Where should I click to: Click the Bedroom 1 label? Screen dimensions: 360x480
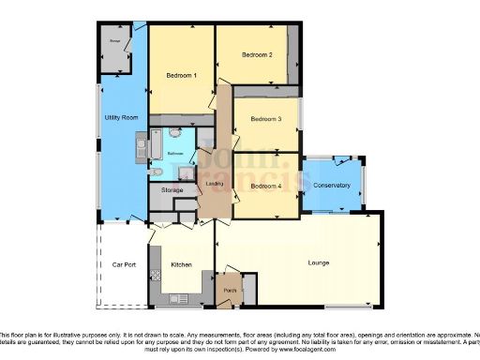pyautogui.click(x=181, y=75)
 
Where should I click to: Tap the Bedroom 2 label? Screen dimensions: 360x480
pyautogui.click(x=257, y=55)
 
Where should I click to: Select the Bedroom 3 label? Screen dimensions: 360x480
pyautogui.click(x=266, y=120)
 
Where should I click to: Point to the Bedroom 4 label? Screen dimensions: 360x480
pyautogui.click(x=265, y=186)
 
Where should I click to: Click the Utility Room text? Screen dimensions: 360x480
pyautogui.click(x=122, y=117)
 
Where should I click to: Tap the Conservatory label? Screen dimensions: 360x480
pyautogui.click(x=332, y=186)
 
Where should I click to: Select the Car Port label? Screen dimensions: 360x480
pyautogui.click(x=125, y=265)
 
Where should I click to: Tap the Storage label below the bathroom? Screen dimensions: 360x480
pyautogui.click(x=172, y=190)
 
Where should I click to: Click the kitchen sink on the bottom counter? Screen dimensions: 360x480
pyautogui.click(x=185, y=299)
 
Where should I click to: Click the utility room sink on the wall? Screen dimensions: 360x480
pyautogui.click(x=142, y=145)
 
